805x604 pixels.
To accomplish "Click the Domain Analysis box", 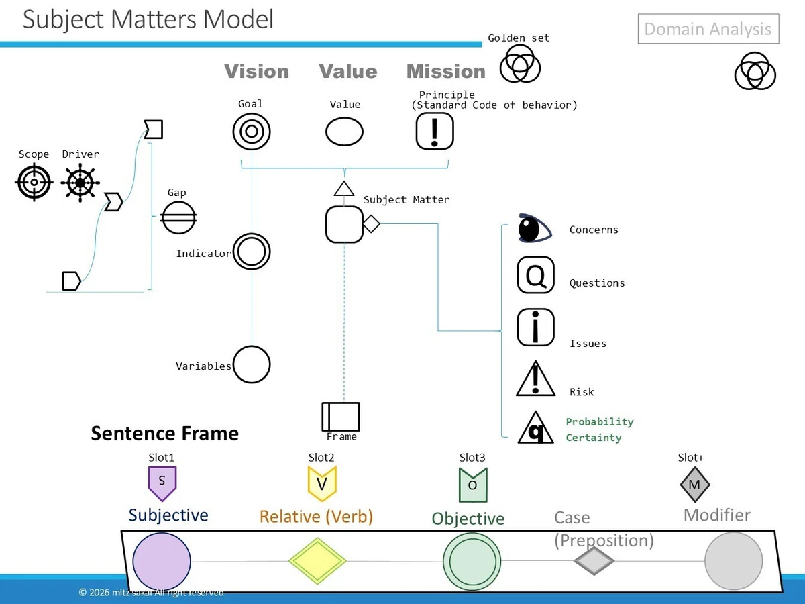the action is coord(708,29).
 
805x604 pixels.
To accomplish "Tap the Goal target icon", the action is coord(251,132).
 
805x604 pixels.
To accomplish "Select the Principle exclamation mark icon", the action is coord(435,131).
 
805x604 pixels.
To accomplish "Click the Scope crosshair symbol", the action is coord(34,182).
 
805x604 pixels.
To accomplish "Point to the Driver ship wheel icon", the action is coord(80,183).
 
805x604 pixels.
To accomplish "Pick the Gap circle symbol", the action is coord(178,217).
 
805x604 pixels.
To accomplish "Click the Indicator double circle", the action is coord(251,252).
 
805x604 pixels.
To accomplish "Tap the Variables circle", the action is coord(251,364).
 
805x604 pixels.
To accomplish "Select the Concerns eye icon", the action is coord(535,228).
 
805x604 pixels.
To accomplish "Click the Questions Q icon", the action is coord(535,275).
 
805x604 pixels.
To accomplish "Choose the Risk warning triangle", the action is coord(535,379).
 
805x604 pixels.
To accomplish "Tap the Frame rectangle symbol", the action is coord(341,417).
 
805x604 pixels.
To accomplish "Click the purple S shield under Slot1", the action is coord(162,483).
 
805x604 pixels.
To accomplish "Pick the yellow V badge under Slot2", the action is coord(321,483).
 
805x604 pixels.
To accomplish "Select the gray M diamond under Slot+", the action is coord(694,485).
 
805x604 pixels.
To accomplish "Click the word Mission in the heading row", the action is coord(446,71).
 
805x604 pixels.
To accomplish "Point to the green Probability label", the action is coord(600,421).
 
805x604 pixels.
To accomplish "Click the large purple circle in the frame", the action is coord(162,562).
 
